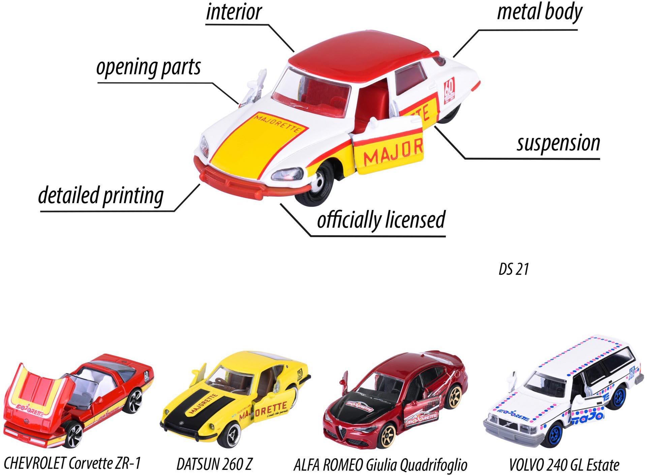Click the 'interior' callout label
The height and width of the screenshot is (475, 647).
coord(234,12)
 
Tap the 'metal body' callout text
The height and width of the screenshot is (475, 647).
coord(540,12)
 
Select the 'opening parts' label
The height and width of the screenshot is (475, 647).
coord(148,67)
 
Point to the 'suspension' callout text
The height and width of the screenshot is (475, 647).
coord(558,143)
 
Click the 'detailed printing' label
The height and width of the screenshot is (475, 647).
coord(101,196)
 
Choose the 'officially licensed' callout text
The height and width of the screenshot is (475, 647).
coord(381,220)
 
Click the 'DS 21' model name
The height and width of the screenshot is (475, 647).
coord(514,269)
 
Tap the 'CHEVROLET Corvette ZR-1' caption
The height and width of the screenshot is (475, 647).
coord(71,463)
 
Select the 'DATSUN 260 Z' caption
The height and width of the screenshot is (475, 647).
coord(214,464)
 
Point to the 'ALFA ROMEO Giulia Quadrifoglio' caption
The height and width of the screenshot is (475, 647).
coord(380,465)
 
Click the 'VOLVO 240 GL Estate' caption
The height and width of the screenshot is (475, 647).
coord(564,465)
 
